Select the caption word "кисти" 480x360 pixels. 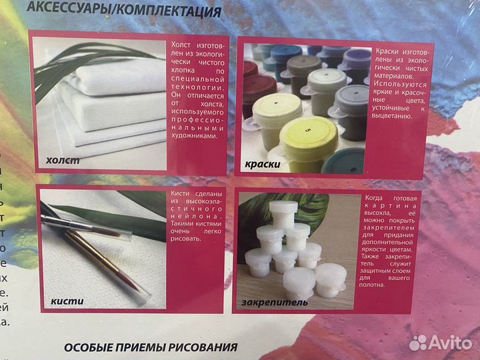(x=67, y=301)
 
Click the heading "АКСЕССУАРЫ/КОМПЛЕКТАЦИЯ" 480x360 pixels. (x=133, y=11)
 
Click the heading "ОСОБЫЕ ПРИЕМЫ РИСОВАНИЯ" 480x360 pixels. (x=151, y=347)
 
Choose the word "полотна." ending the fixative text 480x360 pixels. (x=374, y=285)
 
